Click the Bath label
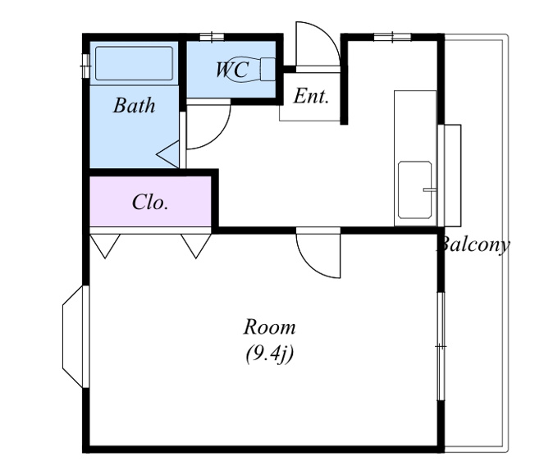[134, 106]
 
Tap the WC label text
[232, 70]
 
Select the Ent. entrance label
[311, 96]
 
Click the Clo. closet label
[150, 202]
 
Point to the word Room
[269, 327]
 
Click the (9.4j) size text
[269, 354]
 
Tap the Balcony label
[474, 244]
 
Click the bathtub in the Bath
[134, 63]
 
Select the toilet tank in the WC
[268, 69]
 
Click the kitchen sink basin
[415, 190]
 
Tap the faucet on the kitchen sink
[430, 190]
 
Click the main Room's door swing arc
[309, 264]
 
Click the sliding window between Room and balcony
[441, 346]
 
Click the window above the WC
[212, 37]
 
